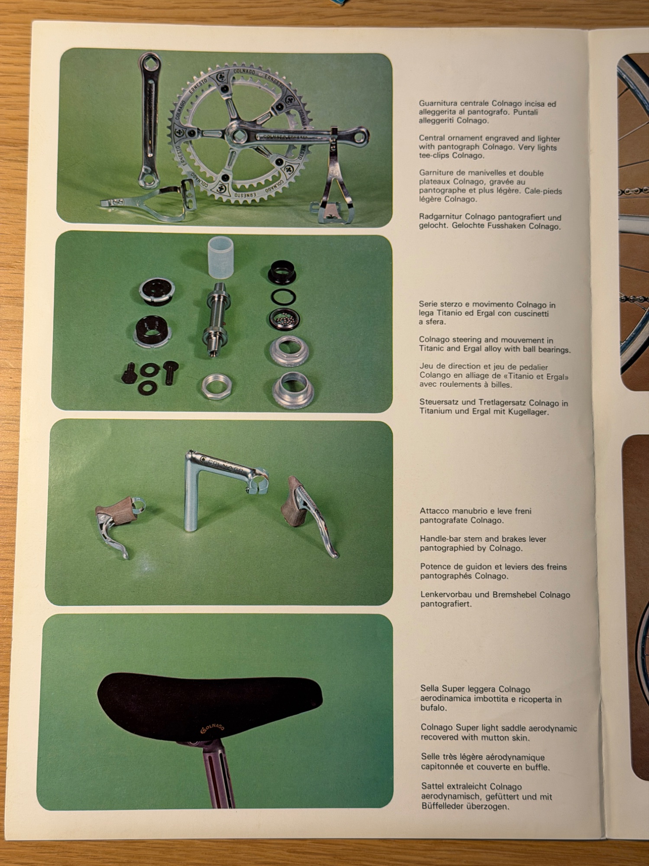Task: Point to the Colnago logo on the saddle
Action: [213, 727]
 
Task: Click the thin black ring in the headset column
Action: [284, 297]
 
